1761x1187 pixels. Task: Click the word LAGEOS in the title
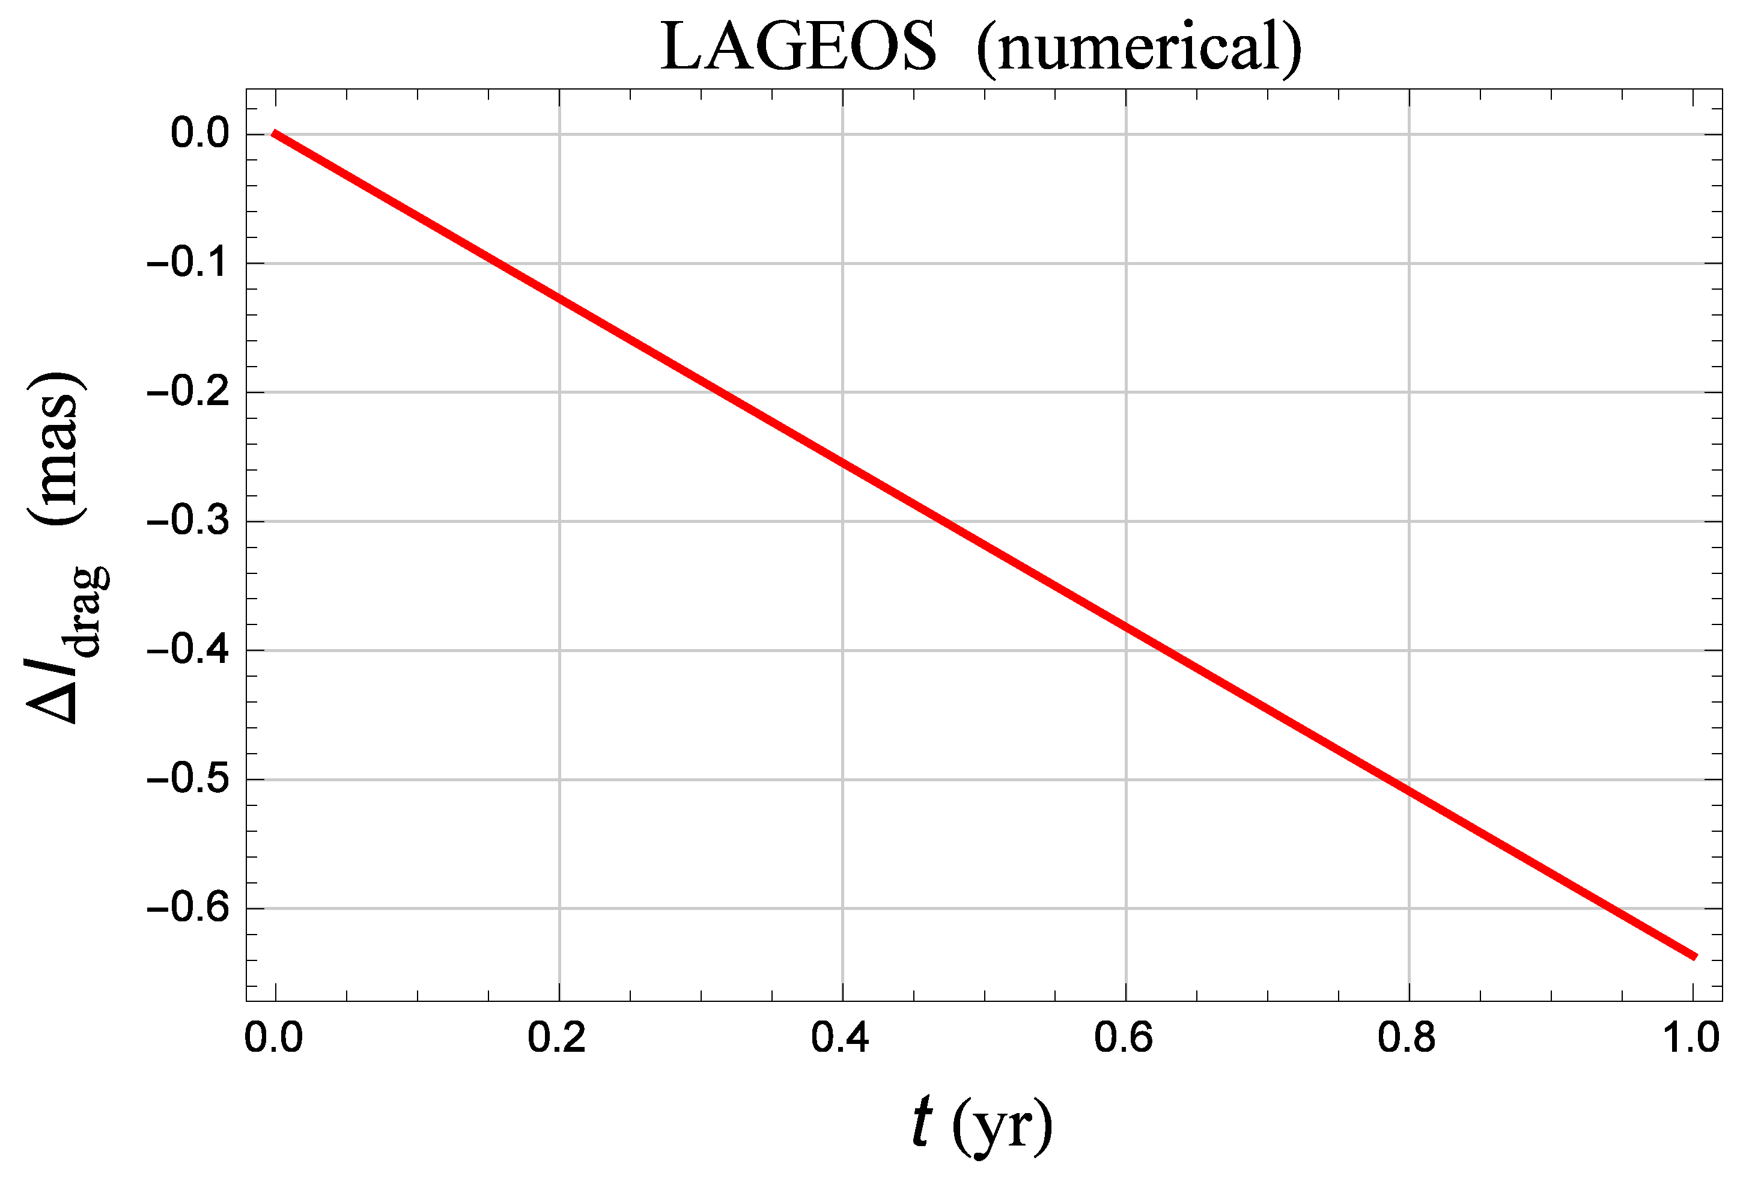[x=798, y=47]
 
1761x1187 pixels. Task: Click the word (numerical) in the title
[x=1139, y=47]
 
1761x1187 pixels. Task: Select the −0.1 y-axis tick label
[x=187, y=263]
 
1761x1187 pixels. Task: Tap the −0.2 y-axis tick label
[x=187, y=392]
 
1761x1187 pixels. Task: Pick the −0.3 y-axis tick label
[x=187, y=521]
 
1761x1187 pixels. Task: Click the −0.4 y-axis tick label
[x=187, y=650]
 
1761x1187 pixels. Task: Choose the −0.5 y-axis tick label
[x=187, y=779]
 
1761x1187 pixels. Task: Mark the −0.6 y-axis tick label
[x=187, y=908]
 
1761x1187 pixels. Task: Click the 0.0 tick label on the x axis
[x=274, y=1037]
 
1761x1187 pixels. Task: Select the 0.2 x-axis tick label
[x=557, y=1037]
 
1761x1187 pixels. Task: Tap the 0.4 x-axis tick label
[x=840, y=1037]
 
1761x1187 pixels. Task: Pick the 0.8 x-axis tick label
[x=1407, y=1037]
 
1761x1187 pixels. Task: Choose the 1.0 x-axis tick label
[x=1691, y=1037]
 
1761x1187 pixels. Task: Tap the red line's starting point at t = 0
[x=275, y=134]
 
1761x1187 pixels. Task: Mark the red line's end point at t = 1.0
[x=1694, y=956]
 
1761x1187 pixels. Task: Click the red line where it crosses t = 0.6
[x=1125, y=627]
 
